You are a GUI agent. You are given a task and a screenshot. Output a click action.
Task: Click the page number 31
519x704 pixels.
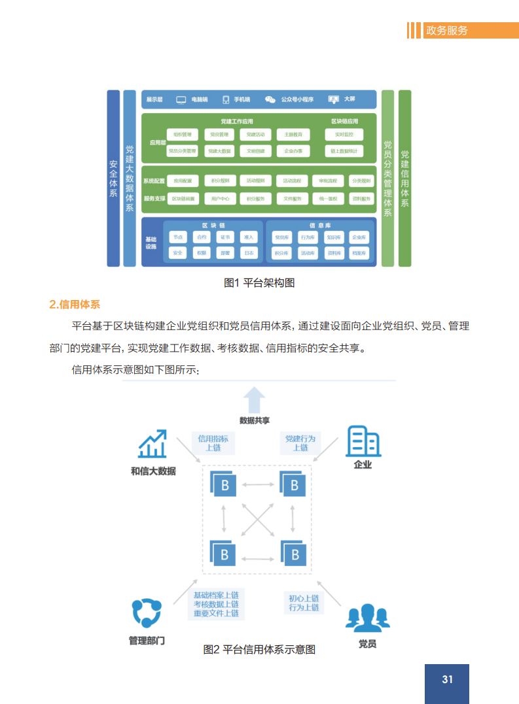coord(447,680)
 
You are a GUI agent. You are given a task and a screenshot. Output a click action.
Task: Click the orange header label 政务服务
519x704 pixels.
coord(447,30)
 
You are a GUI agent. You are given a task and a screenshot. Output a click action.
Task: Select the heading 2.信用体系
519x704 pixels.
coord(75,304)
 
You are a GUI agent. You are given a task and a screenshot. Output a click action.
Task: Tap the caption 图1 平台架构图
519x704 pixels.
coord(259,282)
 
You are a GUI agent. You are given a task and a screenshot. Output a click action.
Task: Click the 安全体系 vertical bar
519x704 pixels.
coord(113,178)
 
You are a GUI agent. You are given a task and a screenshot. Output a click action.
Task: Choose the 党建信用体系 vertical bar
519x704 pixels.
coord(404,178)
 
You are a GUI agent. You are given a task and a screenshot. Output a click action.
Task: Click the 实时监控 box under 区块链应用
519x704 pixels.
coord(344,135)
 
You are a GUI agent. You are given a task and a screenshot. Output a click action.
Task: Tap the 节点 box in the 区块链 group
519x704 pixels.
coord(177,237)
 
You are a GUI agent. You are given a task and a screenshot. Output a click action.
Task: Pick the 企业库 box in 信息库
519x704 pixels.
coord(358,237)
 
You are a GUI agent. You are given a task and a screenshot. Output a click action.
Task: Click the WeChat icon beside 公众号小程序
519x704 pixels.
coord(270,99)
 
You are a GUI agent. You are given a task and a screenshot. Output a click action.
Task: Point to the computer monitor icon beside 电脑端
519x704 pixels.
coord(181,99)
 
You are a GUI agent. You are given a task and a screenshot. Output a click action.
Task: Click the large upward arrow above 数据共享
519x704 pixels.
coord(255,399)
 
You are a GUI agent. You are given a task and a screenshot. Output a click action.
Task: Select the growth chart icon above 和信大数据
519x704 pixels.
coord(152,444)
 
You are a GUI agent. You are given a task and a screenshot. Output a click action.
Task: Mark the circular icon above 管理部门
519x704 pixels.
coord(146,612)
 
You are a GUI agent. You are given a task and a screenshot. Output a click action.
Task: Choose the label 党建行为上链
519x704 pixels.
coord(300,443)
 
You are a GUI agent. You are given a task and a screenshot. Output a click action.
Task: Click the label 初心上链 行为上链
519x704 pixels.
coord(304,603)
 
